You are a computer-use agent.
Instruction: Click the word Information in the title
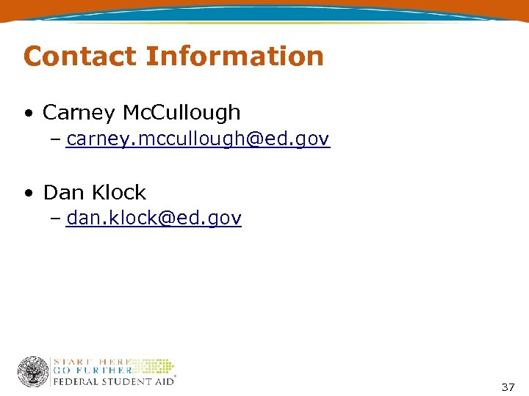(234, 56)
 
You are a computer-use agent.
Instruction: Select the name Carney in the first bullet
(79, 113)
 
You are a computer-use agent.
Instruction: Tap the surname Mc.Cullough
(181, 113)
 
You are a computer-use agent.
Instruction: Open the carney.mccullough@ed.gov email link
(198, 139)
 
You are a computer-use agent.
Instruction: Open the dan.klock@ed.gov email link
(154, 219)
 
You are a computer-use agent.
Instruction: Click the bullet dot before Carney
(27, 114)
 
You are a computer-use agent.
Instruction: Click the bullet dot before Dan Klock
(27, 194)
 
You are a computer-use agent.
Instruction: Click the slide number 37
(508, 387)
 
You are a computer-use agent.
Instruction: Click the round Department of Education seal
(33, 372)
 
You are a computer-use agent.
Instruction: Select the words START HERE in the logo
(92, 362)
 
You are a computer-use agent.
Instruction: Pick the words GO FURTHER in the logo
(92, 371)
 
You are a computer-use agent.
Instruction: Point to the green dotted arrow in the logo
(154, 366)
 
